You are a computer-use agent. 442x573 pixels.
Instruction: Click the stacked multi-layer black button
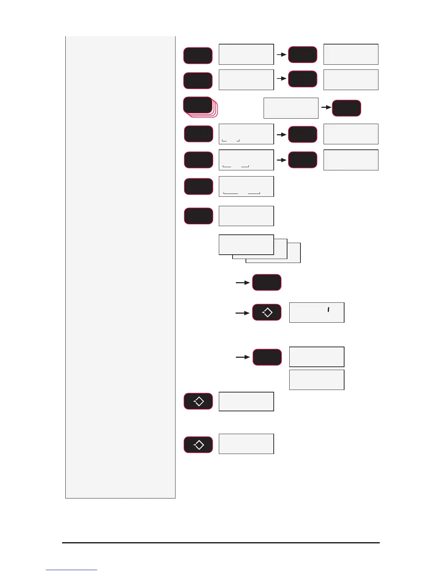click(x=198, y=105)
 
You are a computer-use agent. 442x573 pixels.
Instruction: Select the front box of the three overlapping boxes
click(x=246, y=245)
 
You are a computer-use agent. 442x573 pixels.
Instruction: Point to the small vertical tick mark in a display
click(x=328, y=310)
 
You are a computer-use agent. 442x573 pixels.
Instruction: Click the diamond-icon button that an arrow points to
click(x=267, y=313)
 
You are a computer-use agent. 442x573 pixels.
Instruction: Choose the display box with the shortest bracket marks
click(x=246, y=134)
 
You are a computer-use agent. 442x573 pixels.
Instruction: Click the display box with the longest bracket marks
click(x=246, y=186)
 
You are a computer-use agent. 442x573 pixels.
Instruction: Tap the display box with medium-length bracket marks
click(x=246, y=160)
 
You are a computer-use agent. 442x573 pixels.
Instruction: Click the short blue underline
click(x=71, y=570)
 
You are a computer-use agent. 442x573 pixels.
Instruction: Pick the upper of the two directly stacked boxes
click(x=317, y=357)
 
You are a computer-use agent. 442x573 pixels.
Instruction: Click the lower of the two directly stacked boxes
click(x=317, y=380)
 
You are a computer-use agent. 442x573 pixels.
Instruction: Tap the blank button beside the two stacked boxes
click(x=267, y=357)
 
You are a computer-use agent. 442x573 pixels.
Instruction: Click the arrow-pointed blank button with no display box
click(x=267, y=283)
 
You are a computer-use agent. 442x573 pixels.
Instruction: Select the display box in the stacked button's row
click(x=291, y=108)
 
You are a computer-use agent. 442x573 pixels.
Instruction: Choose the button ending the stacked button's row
click(x=346, y=108)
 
